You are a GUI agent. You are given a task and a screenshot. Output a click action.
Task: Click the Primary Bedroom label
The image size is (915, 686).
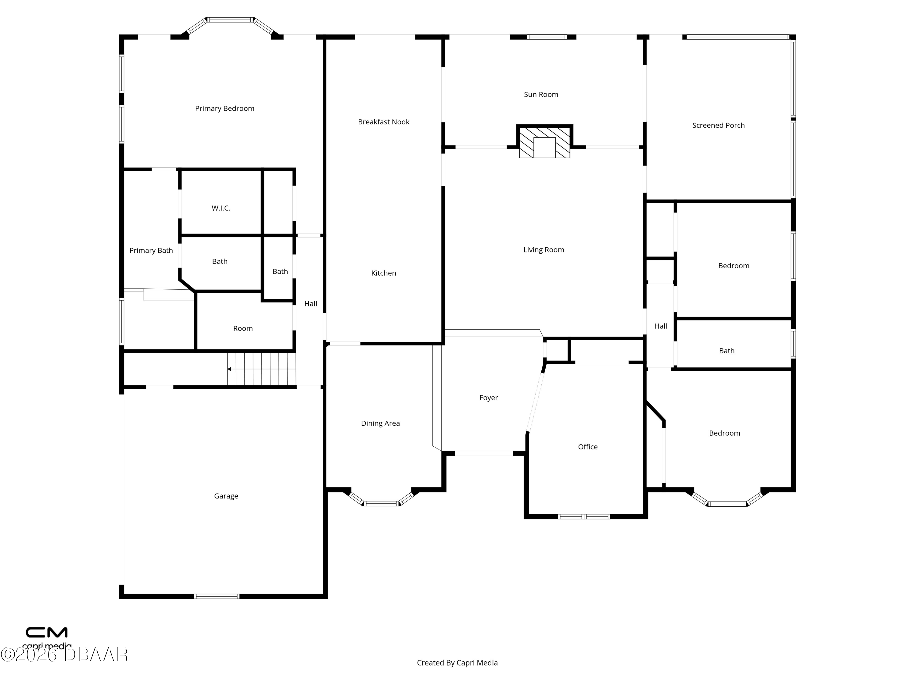(x=224, y=108)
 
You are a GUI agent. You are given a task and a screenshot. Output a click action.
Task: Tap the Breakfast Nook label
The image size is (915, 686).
(x=383, y=122)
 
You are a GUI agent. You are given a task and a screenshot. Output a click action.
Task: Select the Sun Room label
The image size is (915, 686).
(x=541, y=95)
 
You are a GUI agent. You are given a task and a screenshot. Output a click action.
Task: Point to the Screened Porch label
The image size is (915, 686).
(x=718, y=125)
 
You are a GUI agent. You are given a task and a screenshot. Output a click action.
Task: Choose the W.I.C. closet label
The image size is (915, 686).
(x=221, y=208)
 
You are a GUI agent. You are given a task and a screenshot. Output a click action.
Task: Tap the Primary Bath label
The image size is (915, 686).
(x=151, y=251)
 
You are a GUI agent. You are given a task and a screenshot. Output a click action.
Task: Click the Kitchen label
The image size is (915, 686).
(x=383, y=273)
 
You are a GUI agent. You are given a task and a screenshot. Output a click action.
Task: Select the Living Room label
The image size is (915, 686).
(x=544, y=250)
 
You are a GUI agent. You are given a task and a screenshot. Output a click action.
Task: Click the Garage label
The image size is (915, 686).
(x=226, y=496)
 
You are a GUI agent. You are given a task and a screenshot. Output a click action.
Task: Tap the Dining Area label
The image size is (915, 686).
(x=380, y=423)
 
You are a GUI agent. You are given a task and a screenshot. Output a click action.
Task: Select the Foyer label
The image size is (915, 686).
(x=489, y=398)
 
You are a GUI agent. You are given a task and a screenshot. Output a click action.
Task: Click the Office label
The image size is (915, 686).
(x=588, y=447)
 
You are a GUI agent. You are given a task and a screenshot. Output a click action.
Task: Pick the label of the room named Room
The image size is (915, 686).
(x=243, y=328)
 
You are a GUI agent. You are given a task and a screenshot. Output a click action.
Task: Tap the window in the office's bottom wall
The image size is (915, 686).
(x=584, y=516)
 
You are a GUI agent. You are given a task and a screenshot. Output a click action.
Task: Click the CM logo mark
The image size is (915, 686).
(x=47, y=632)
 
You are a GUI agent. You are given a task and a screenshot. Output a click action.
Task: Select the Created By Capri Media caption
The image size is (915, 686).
(x=457, y=663)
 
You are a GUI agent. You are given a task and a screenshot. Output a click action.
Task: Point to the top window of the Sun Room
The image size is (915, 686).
(x=547, y=37)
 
